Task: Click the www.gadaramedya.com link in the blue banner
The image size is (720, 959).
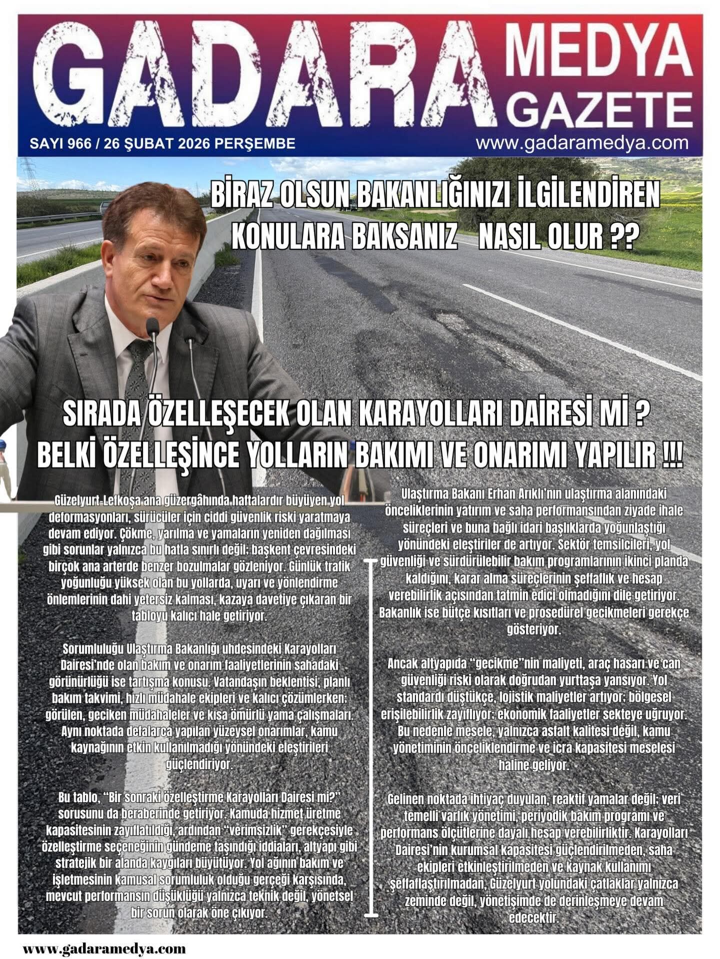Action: click(582, 143)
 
